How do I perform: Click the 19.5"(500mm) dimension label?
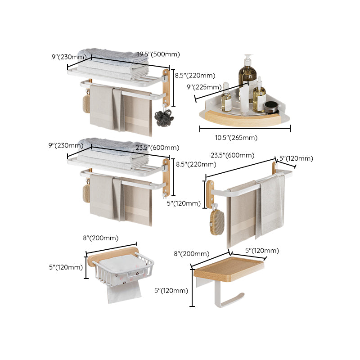click(x=158, y=54)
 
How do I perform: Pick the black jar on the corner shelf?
click(x=271, y=108)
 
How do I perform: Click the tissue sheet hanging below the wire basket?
click(x=124, y=293)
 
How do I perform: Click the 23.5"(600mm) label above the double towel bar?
click(x=232, y=156)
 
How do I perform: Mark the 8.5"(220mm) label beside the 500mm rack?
click(x=195, y=76)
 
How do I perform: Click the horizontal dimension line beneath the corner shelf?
click(x=245, y=129)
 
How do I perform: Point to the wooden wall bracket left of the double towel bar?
click(x=210, y=194)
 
